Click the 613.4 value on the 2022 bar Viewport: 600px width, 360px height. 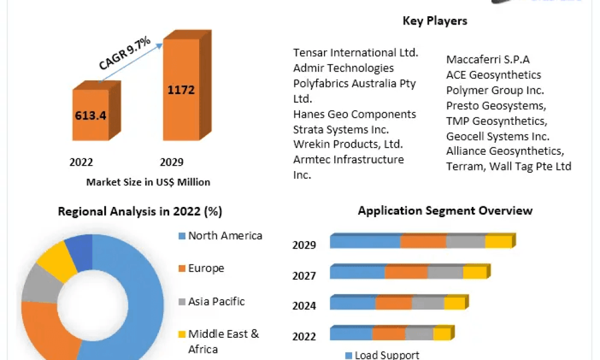[91, 115]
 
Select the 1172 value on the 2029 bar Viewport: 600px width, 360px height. [181, 90]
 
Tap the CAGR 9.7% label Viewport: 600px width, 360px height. [125, 53]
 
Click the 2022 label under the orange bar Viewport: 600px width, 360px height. [81, 162]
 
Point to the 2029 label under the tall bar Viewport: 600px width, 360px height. [172, 162]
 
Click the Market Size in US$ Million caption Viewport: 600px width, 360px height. [148, 182]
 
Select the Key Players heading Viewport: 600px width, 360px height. [435, 20]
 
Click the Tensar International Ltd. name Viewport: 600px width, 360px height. [356, 52]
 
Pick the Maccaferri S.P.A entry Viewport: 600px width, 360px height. [488, 59]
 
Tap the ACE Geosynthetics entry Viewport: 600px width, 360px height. [494, 74]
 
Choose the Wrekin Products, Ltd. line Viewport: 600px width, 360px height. [348, 144]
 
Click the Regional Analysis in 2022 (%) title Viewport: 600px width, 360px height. [140, 211]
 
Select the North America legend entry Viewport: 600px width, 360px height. [220, 236]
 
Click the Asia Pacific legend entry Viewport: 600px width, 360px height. [212, 301]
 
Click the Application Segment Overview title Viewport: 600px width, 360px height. [445, 211]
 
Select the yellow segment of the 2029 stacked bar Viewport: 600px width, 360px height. [499, 242]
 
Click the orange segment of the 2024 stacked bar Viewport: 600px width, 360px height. [394, 303]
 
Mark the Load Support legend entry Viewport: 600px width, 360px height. [382, 355]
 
